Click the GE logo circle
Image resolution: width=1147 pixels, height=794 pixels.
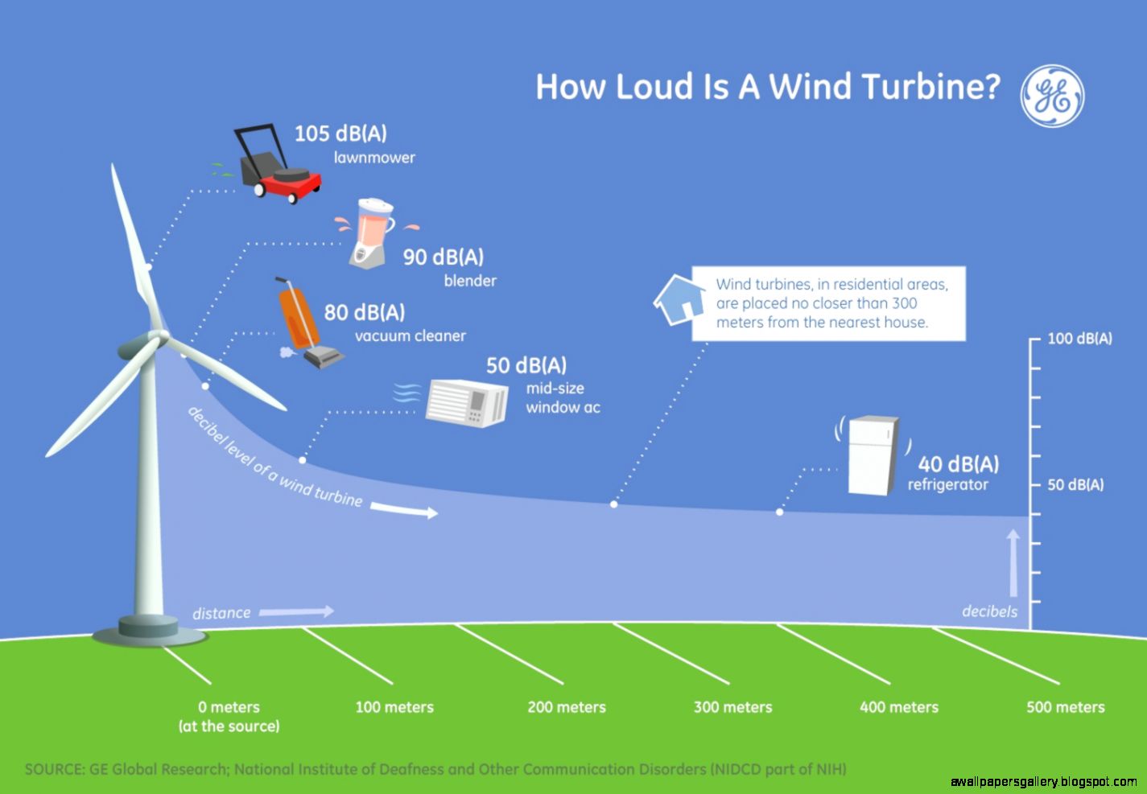(1052, 95)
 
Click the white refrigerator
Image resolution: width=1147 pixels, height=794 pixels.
(873, 455)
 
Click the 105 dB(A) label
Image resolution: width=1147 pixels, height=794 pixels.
(340, 133)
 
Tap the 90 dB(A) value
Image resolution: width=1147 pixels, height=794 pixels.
(444, 257)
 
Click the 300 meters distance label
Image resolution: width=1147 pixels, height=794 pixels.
(732, 707)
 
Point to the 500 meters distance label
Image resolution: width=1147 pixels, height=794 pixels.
(1065, 707)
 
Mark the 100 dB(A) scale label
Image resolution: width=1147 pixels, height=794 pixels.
(1079, 339)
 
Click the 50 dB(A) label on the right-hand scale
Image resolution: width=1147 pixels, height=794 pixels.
(1075, 484)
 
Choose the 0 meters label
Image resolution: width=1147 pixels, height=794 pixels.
(229, 707)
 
